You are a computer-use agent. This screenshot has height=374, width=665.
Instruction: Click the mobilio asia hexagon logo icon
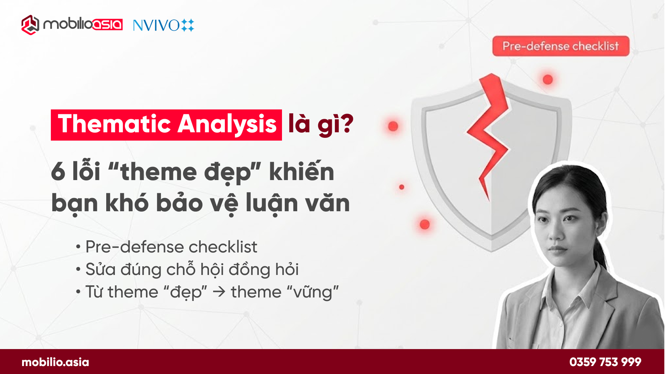30,25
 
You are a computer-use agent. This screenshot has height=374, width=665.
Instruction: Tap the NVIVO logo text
156,25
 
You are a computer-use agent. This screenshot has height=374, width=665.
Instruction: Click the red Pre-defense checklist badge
561,46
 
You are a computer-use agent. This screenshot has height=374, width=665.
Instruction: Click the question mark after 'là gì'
347,124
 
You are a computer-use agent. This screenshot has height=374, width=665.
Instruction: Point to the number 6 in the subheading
58,172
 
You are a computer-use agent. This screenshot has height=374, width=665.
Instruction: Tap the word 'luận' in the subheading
272,203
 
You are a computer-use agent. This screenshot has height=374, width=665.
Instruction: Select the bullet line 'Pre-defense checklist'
171,247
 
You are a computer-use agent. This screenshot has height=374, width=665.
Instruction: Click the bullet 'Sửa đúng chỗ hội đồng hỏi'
192,269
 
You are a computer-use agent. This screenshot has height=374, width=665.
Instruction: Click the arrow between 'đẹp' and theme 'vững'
219,292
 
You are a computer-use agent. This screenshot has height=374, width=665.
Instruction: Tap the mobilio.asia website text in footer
55,362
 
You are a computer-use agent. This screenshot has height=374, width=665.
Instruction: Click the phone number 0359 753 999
605,362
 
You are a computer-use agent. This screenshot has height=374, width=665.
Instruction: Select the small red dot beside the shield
401,187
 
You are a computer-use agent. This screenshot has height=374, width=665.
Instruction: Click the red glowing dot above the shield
548,80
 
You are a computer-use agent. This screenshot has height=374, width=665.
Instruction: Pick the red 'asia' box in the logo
108,25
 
